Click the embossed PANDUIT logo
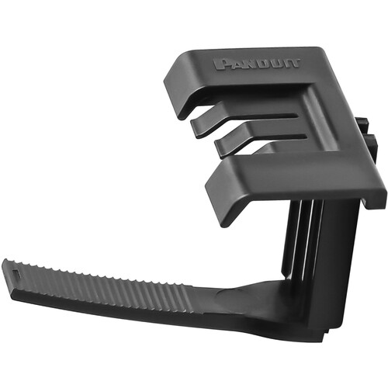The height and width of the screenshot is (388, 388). click(x=257, y=64)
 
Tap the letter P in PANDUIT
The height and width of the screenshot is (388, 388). click(x=220, y=64)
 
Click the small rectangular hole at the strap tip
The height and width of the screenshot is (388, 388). click(x=17, y=272)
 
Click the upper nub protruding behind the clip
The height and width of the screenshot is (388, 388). click(x=362, y=123)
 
